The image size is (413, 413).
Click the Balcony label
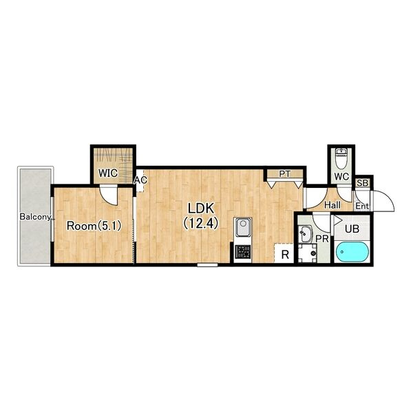click(35, 217)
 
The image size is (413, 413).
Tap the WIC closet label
click(108, 173)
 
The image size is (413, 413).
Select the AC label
click(140, 180)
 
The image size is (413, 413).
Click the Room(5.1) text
click(94, 226)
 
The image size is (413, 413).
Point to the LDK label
click(201, 209)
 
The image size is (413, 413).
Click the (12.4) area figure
click(201, 224)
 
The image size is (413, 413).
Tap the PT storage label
click(285, 174)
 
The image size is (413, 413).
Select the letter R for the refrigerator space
click(285, 255)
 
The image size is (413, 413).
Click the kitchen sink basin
click(243, 227)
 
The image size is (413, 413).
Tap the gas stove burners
click(243, 252)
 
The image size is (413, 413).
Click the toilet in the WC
click(341, 158)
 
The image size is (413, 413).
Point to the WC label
click(341, 176)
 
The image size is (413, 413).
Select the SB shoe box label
click(363, 183)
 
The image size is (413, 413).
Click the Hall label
click(332, 205)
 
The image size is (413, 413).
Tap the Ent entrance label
click(362, 206)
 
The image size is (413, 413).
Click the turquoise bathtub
click(352, 253)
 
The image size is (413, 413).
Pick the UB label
click(352, 229)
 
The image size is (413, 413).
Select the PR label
click(322, 239)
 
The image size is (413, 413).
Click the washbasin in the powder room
click(306, 233)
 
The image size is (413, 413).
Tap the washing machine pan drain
click(313, 253)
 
